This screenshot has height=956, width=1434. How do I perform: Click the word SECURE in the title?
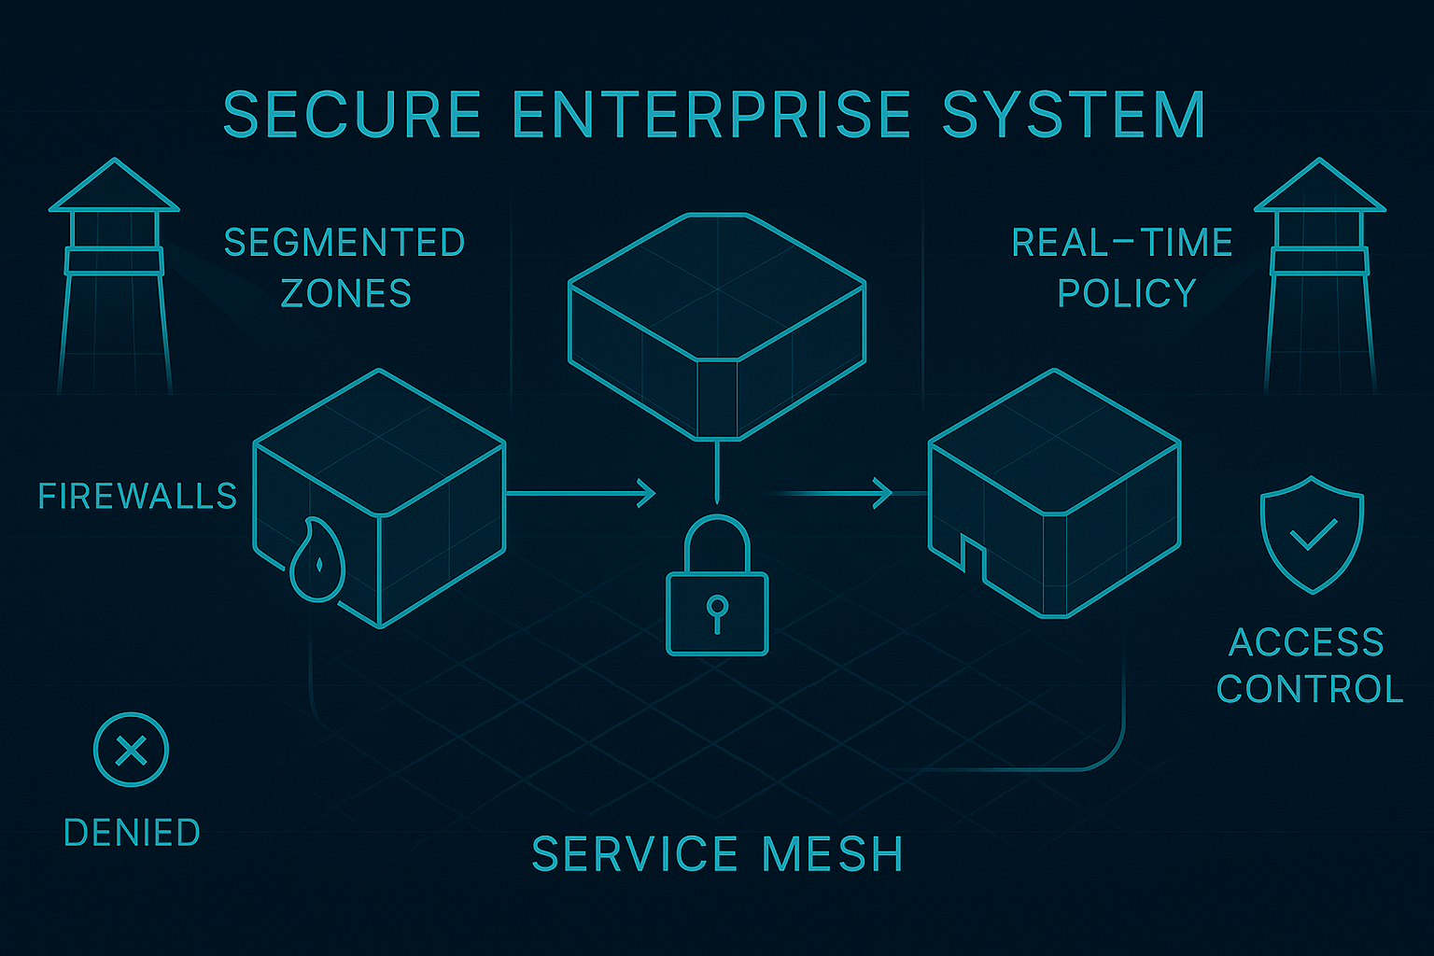coord(351,115)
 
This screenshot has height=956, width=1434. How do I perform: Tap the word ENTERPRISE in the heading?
coord(711,115)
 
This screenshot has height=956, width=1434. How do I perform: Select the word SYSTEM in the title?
coord(1074,115)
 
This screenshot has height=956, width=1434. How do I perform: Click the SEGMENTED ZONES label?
coord(345,268)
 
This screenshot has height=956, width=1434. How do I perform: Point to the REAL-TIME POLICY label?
coord(1123,268)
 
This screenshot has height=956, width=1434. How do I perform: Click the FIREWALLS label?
coord(138,496)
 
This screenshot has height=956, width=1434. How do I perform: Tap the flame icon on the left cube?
coord(317,560)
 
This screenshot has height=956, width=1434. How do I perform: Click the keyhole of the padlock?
coord(717,609)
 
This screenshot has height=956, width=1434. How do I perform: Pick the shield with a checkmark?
coord(1312,535)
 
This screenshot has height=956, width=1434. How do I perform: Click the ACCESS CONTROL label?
coord(1309,666)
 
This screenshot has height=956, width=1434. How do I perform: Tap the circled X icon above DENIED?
coord(131,750)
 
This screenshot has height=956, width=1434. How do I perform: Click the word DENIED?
coord(132,833)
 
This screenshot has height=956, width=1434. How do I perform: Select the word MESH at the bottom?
coord(833,854)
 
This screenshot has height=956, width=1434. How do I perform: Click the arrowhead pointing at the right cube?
coord(882,493)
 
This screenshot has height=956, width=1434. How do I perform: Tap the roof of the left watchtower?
coord(114,187)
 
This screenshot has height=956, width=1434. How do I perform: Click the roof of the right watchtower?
coord(1319,187)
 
